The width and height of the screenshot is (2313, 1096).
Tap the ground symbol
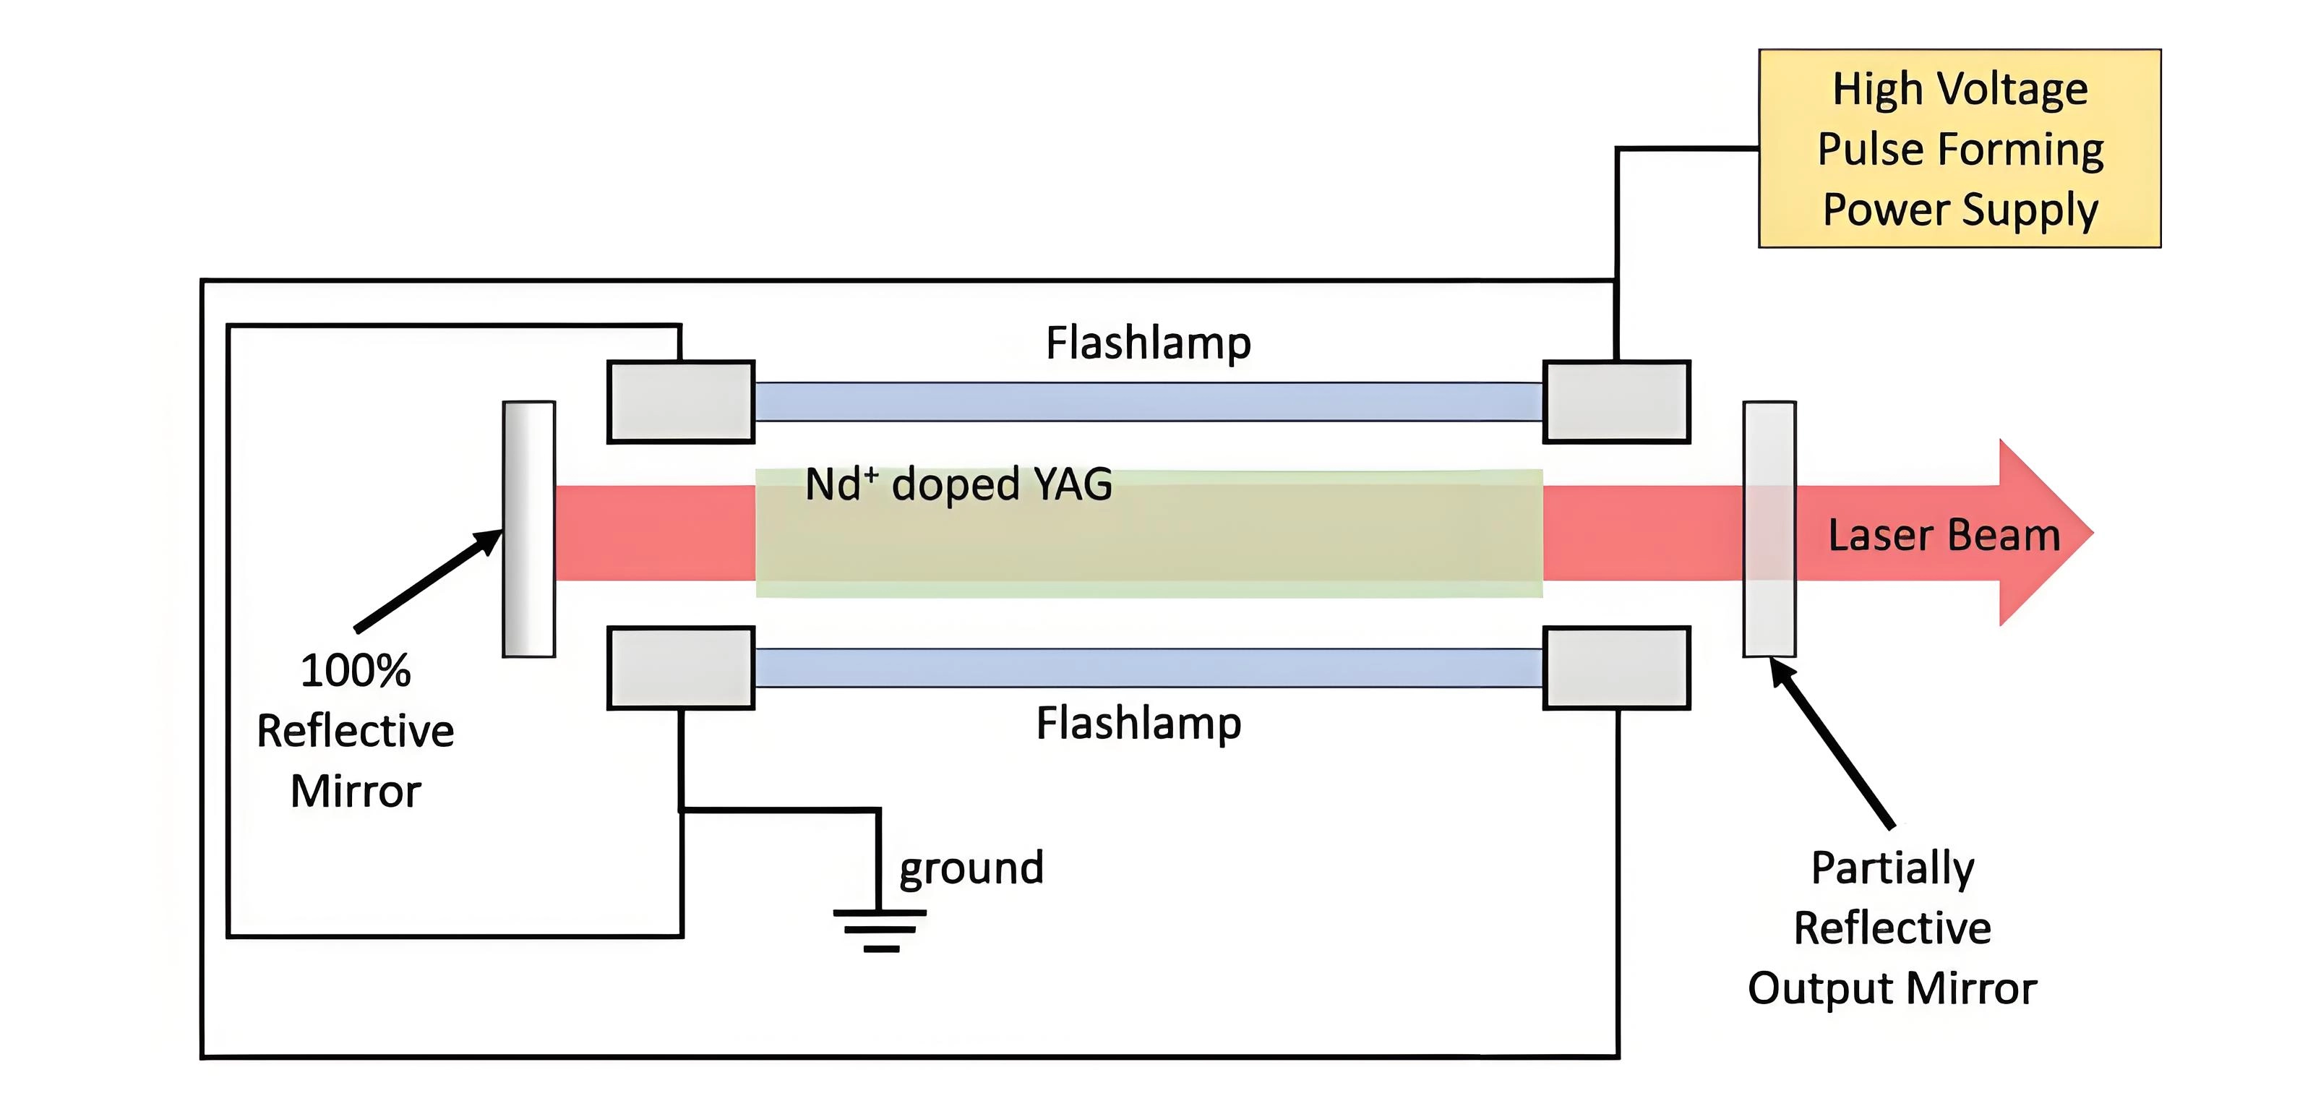click(880, 929)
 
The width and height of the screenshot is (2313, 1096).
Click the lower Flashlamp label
click(1138, 723)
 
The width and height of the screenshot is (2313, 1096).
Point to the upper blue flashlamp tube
click(1148, 401)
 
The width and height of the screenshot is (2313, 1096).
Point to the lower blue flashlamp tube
click(1148, 667)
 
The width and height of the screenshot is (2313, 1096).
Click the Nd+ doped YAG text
click(958, 485)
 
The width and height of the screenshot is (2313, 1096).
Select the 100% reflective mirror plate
click(529, 529)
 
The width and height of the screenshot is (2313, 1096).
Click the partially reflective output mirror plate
click(1769, 529)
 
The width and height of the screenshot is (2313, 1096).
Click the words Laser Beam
click(1944, 536)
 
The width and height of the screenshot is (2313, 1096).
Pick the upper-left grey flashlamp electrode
click(681, 401)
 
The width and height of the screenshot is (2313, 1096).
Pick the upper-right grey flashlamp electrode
click(1616, 401)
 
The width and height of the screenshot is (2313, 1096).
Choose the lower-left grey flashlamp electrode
click(681, 667)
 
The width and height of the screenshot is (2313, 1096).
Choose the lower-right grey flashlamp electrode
click(1616, 667)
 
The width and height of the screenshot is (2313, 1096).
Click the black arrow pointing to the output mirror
click(1832, 742)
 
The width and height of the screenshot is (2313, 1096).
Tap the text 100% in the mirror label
click(356, 671)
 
